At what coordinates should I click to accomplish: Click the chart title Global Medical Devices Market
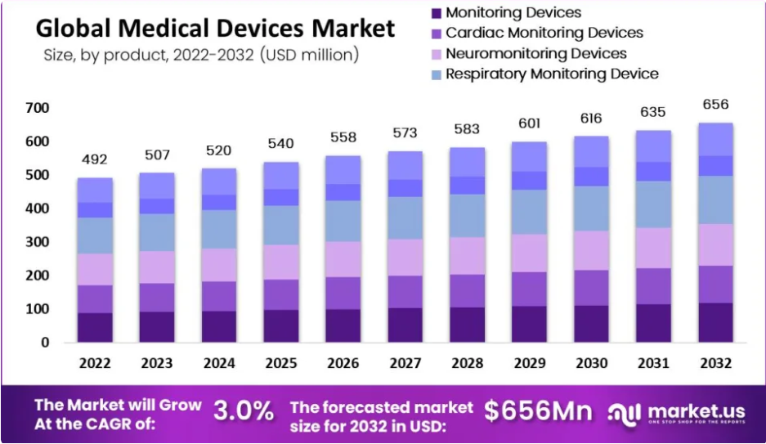[215, 28]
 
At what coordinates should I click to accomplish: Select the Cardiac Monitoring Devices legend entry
[544, 34]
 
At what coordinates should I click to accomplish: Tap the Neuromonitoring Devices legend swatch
[436, 54]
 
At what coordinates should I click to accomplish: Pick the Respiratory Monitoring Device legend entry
[552, 74]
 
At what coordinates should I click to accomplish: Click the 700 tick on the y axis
[38, 108]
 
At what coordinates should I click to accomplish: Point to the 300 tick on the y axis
[38, 242]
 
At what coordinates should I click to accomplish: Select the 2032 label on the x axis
[715, 363]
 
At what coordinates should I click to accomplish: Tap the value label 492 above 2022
[94, 159]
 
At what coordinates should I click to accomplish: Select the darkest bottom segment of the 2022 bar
[95, 327]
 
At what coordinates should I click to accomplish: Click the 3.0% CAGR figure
[244, 411]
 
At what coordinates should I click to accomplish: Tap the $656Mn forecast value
[537, 411]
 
